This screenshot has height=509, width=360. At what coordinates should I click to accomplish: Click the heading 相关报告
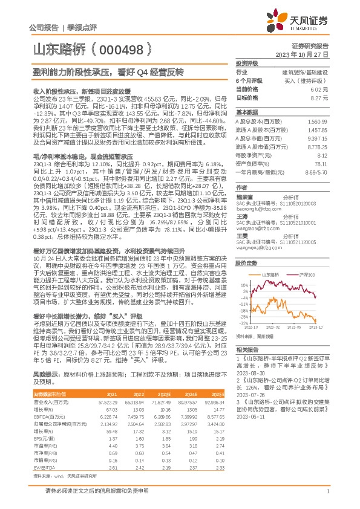point(247,349)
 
